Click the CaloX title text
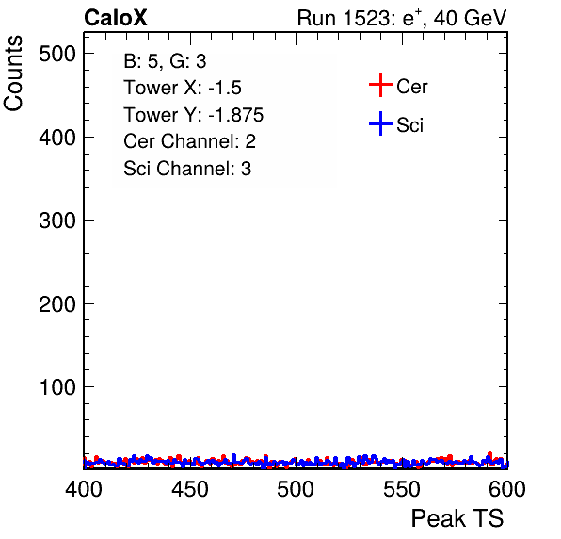[x=116, y=18]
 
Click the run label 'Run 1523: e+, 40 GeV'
[x=402, y=18]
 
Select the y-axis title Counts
[x=13, y=73]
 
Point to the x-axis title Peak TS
[x=457, y=518]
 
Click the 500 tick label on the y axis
[x=57, y=54]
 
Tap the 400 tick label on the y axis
[x=57, y=138]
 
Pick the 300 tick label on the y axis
[x=57, y=220]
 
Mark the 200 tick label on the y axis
[x=57, y=304]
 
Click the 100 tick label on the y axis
[x=58, y=387]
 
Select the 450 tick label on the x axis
[x=190, y=489]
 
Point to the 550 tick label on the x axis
[x=402, y=489]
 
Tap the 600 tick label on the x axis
[x=507, y=489]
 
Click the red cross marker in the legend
[x=380, y=85]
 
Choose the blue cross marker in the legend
[x=380, y=123]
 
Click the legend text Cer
[x=411, y=87]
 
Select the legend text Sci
[x=409, y=125]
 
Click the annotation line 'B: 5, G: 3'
[x=165, y=61]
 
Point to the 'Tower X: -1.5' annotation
[x=183, y=88]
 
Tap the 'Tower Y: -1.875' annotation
[x=194, y=115]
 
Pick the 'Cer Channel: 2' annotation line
[x=189, y=141]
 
